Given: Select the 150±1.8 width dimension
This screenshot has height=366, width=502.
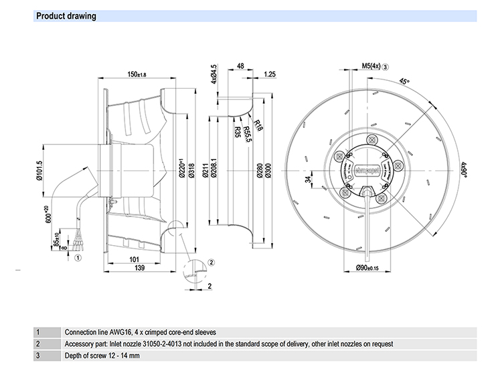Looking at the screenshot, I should pyautogui.click(x=137, y=74).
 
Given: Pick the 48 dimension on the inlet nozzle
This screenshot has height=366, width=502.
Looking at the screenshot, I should pyautogui.click(x=241, y=67).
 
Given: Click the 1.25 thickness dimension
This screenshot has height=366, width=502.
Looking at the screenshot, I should pyautogui.click(x=270, y=74).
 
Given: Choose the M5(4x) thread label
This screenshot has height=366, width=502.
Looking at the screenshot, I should pyautogui.click(x=371, y=66).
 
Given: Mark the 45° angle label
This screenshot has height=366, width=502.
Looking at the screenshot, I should pyautogui.click(x=404, y=81).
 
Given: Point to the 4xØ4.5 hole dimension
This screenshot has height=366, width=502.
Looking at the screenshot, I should pyautogui.click(x=214, y=74).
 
